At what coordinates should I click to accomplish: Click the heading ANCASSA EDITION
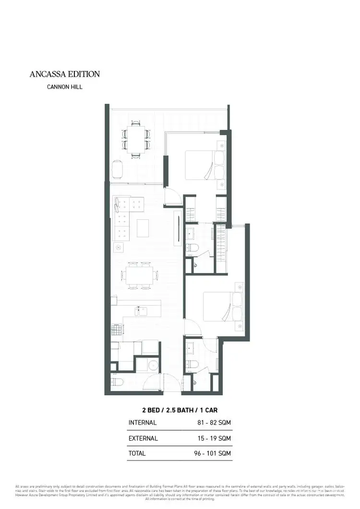(64, 74)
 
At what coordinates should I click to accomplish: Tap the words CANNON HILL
(64, 87)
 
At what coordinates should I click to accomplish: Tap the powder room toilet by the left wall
(117, 382)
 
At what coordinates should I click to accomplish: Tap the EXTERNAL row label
(143, 438)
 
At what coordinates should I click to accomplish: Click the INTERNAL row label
(143, 423)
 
